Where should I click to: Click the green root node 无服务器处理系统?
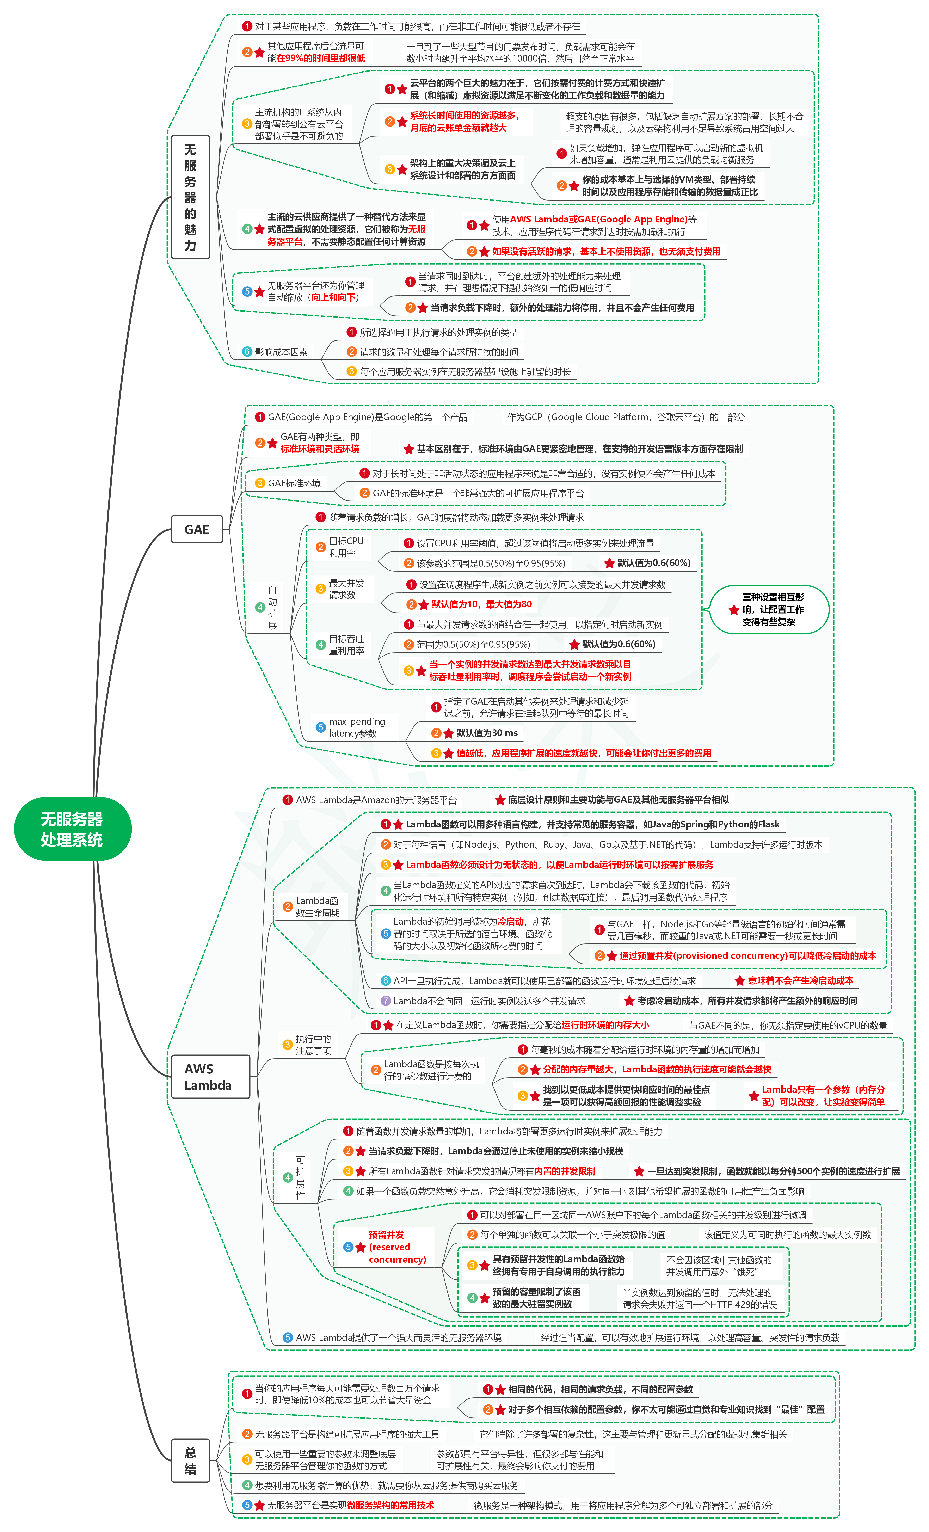click(x=72, y=829)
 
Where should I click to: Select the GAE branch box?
click(x=197, y=529)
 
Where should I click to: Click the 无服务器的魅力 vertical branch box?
click(x=190, y=197)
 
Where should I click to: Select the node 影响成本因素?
click(x=281, y=352)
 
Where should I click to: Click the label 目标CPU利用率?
click(x=346, y=547)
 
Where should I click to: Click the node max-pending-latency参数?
click(x=358, y=727)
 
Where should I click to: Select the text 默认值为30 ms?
click(x=487, y=733)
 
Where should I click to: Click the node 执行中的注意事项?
click(x=313, y=1045)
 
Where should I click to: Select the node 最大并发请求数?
click(x=346, y=589)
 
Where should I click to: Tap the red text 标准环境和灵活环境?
click(x=320, y=449)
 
